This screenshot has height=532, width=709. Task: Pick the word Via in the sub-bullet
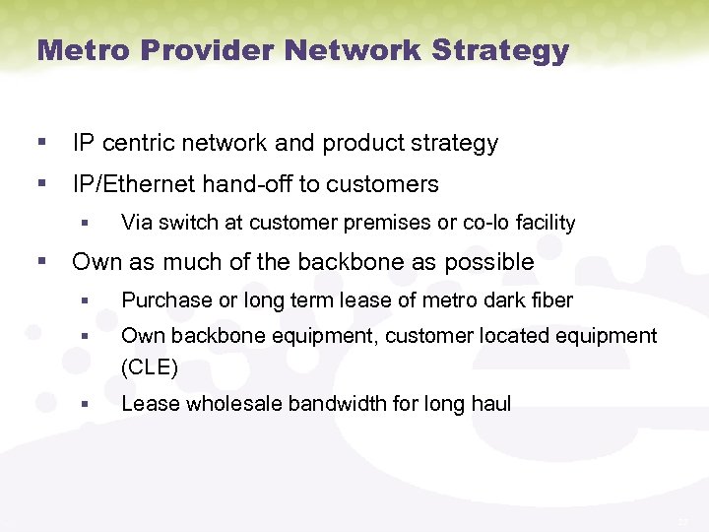pos(136,223)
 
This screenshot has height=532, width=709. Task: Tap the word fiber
pos(550,300)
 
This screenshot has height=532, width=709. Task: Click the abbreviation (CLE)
pos(149,368)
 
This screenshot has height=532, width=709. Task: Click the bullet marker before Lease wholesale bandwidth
pos(87,404)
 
